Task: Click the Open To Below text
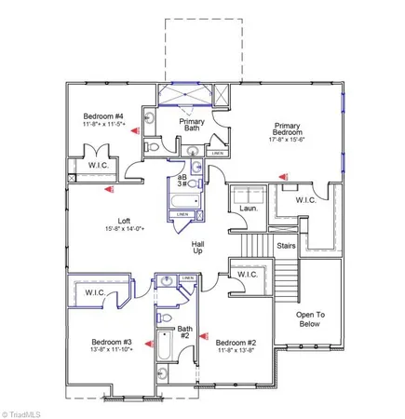tap(317, 321)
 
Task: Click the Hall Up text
tap(197, 246)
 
